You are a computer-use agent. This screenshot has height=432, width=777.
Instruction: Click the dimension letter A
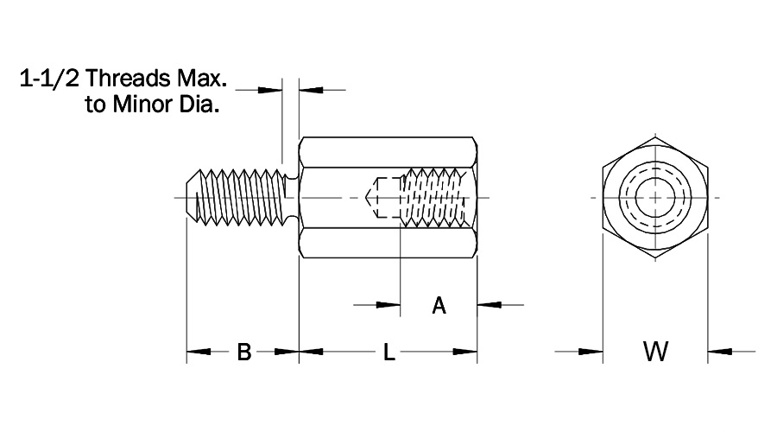439,305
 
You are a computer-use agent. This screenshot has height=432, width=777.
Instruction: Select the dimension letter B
243,352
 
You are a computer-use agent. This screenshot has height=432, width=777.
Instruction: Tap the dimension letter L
388,352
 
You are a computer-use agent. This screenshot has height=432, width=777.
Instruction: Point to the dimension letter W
655,352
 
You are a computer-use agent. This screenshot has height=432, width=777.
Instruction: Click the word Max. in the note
200,80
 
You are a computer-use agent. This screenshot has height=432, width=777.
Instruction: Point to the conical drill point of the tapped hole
374,197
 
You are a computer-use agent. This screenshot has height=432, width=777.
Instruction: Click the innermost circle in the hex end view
655,198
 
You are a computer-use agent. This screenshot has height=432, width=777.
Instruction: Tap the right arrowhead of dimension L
466,352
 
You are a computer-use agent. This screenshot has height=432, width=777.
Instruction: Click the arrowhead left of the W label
591,352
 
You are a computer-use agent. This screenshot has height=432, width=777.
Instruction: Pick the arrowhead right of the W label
719,352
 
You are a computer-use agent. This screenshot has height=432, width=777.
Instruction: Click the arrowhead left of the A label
389,305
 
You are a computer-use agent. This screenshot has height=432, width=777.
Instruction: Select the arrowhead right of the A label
489,305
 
